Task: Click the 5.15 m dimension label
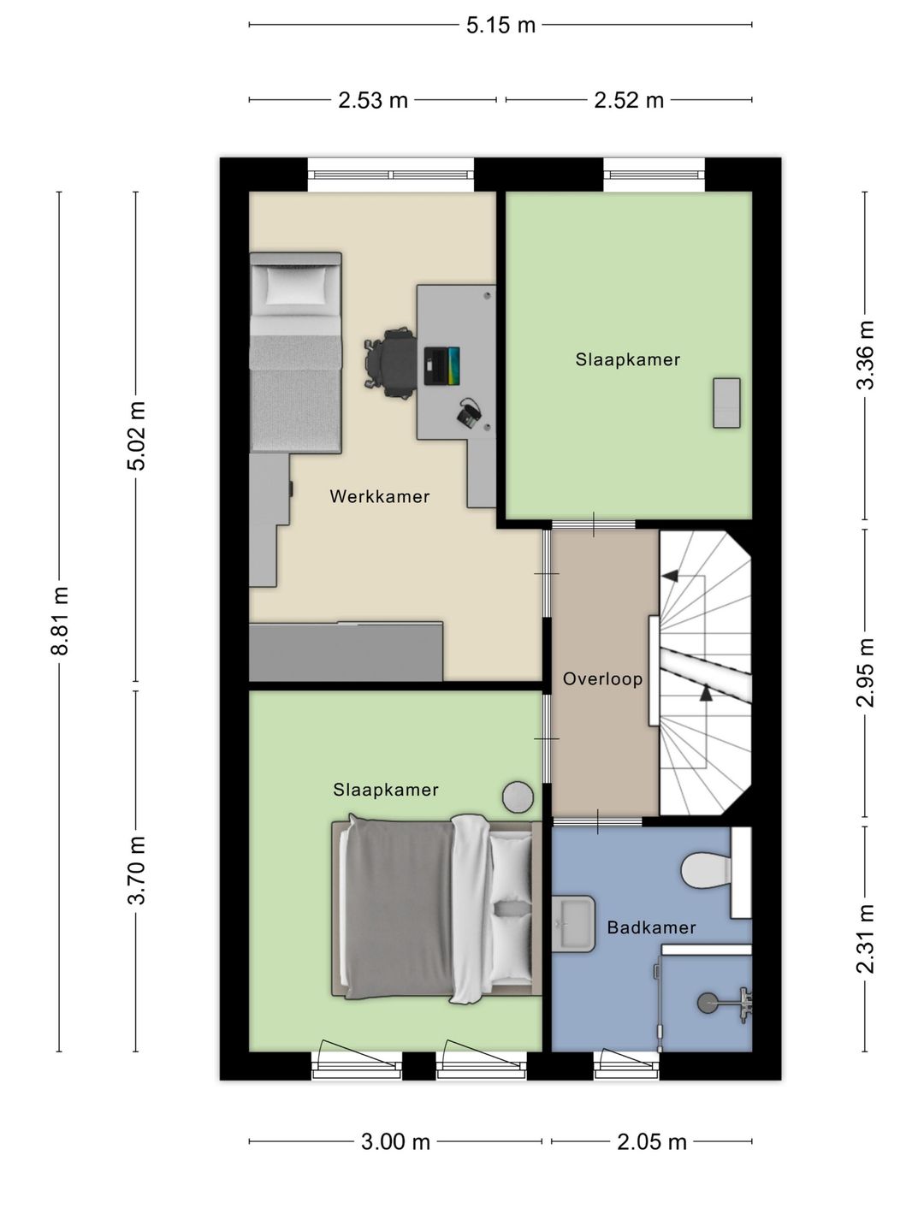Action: [x=500, y=26]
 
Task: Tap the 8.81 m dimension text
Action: [x=60, y=621]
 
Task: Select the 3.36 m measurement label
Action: [x=865, y=355]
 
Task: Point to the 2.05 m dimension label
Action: [x=651, y=1141]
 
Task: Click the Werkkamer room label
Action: [x=380, y=496]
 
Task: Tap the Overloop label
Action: [x=602, y=679]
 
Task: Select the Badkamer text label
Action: [x=651, y=927]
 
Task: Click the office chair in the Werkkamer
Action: [x=390, y=363]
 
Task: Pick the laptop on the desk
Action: [x=441, y=365]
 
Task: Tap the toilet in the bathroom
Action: [x=707, y=871]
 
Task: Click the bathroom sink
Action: [x=572, y=924]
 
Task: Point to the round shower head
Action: [x=708, y=1003]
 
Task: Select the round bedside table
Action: [x=518, y=797]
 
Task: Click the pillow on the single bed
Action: [x=296, y=285]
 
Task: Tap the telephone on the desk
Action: [x=469, y=414]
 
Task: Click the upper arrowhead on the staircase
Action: [x=670, y=576]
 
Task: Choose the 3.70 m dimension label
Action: [x=136, y=870]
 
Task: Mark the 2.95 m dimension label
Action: [x=865, y=672]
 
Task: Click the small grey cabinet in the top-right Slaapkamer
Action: [x=726, y=403]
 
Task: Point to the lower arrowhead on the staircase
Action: [x=706, y=694]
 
